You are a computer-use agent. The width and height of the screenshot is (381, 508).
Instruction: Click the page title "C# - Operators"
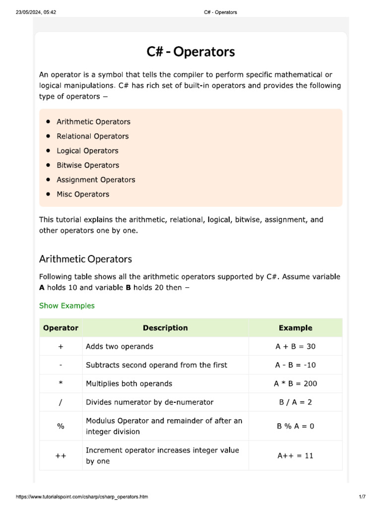click(x=190, y=52)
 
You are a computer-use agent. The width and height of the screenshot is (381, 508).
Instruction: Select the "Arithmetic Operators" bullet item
click(x=93, y=122)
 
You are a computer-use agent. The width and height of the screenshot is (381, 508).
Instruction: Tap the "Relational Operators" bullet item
click(x=92, y=136)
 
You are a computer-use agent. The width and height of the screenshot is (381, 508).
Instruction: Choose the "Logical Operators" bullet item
click(x=87, y=151)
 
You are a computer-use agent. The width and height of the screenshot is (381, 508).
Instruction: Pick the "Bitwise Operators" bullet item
click(x=88, y=165)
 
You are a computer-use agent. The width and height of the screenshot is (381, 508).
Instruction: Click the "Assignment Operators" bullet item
click(x=96, y=180)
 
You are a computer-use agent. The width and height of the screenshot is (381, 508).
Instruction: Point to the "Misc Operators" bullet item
click(x=83, y=194)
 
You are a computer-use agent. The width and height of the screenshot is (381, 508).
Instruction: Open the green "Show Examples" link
click(x=66, y=306)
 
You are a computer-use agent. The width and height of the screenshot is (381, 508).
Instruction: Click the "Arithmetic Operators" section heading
click(x=85, y=259)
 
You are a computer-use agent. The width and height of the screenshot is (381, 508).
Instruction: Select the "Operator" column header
click(x=61, y=328)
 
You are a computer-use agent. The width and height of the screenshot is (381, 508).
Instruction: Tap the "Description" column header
click(x=165, y=328)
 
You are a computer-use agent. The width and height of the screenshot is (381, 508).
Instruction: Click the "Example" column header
click(x=295, y=328)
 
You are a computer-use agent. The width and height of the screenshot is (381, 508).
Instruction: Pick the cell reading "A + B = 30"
click(x=295, y=346)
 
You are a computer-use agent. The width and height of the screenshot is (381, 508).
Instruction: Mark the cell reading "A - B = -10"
click(x=295, y=365)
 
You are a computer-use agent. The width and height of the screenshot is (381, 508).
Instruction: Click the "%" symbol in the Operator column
click(x=61, y=426)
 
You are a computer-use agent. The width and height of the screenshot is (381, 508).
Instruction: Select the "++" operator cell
click(x=61, y=455)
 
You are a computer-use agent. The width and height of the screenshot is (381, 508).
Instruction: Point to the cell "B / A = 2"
click(x=295, y=402)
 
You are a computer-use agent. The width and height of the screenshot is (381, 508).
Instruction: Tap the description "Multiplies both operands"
click(x=129, y=383)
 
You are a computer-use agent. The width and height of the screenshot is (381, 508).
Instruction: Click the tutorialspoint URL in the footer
click(x=82, y=497)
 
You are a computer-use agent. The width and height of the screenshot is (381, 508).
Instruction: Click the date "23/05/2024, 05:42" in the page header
click(x=36, y=12)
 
